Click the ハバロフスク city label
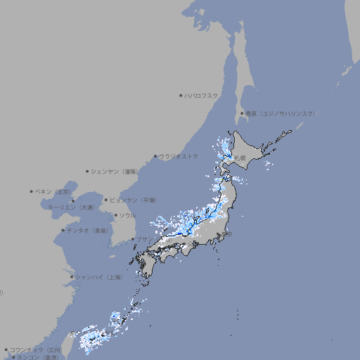coord(202,95)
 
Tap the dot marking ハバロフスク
coord(181,95)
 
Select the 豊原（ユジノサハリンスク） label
coord(281,113)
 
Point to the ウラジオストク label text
coord(179,156)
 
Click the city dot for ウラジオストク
coord(155,157)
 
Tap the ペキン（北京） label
coord(53,191)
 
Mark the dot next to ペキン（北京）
coord(32,191)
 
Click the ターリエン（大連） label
coord(70,207)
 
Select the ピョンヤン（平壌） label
coord(133,200)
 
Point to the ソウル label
coord(127,215)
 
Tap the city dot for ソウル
coord(115,215)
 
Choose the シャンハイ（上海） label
coord(98,277)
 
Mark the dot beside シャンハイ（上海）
coord(72,277)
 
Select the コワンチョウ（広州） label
coord(36,349)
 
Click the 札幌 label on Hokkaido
coord(240,158)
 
